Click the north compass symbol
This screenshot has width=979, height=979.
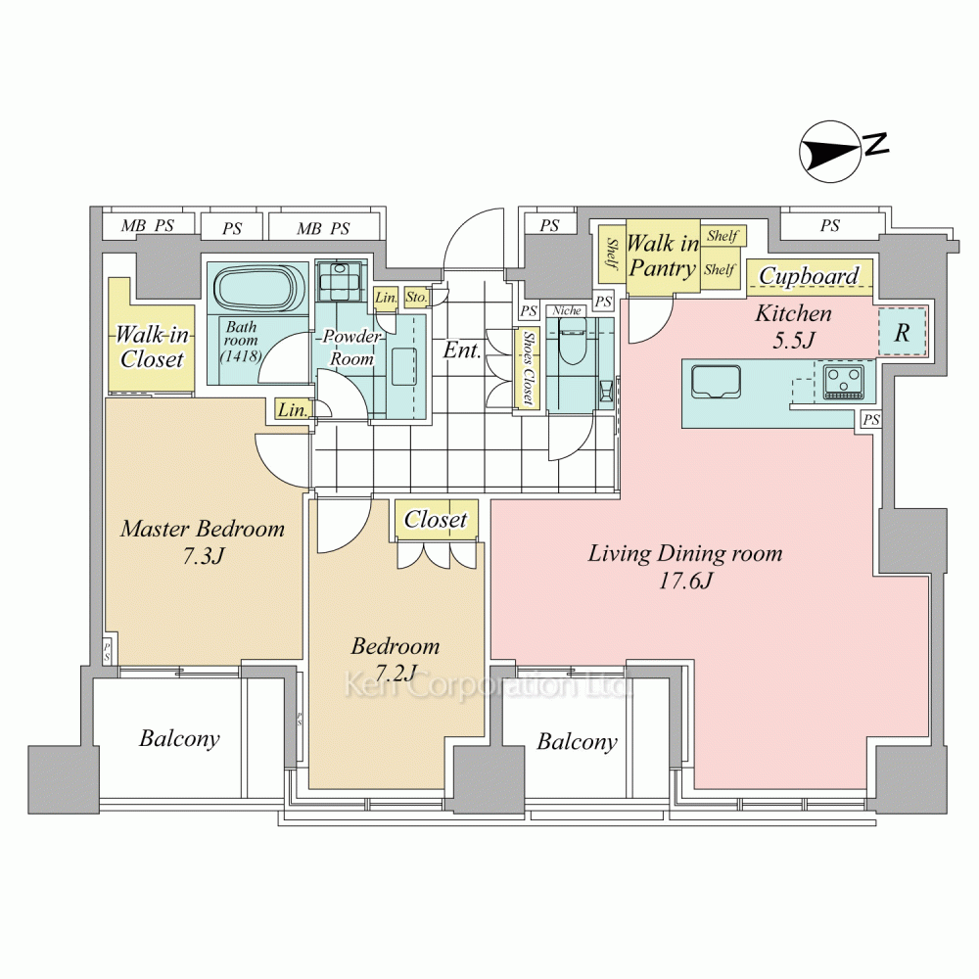pos(831,152)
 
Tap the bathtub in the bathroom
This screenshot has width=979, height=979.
pos(257,290)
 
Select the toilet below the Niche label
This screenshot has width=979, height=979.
pos(570,342)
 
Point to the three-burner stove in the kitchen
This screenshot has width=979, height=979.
pos(844,382)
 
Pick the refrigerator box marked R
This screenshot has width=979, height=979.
pos(903,332)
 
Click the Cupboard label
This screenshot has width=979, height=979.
pos(810,276)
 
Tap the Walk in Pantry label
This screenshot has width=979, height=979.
pos(663,256)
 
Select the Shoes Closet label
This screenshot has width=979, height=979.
pos(529,368)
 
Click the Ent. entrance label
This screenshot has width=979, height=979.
pos(462,350)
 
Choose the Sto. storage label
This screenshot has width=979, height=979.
pos(416,297)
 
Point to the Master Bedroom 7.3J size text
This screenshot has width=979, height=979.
pos(203,542)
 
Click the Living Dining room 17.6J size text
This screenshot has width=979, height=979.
pos(685,567)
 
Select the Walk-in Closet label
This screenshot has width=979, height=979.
pos(153,347)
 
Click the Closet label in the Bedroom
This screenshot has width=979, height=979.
pos(436,519)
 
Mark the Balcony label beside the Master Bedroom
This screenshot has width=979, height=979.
pos(179,738)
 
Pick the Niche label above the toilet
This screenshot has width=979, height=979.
pos(567,310)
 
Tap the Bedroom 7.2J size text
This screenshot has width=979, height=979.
pos(396,659)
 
